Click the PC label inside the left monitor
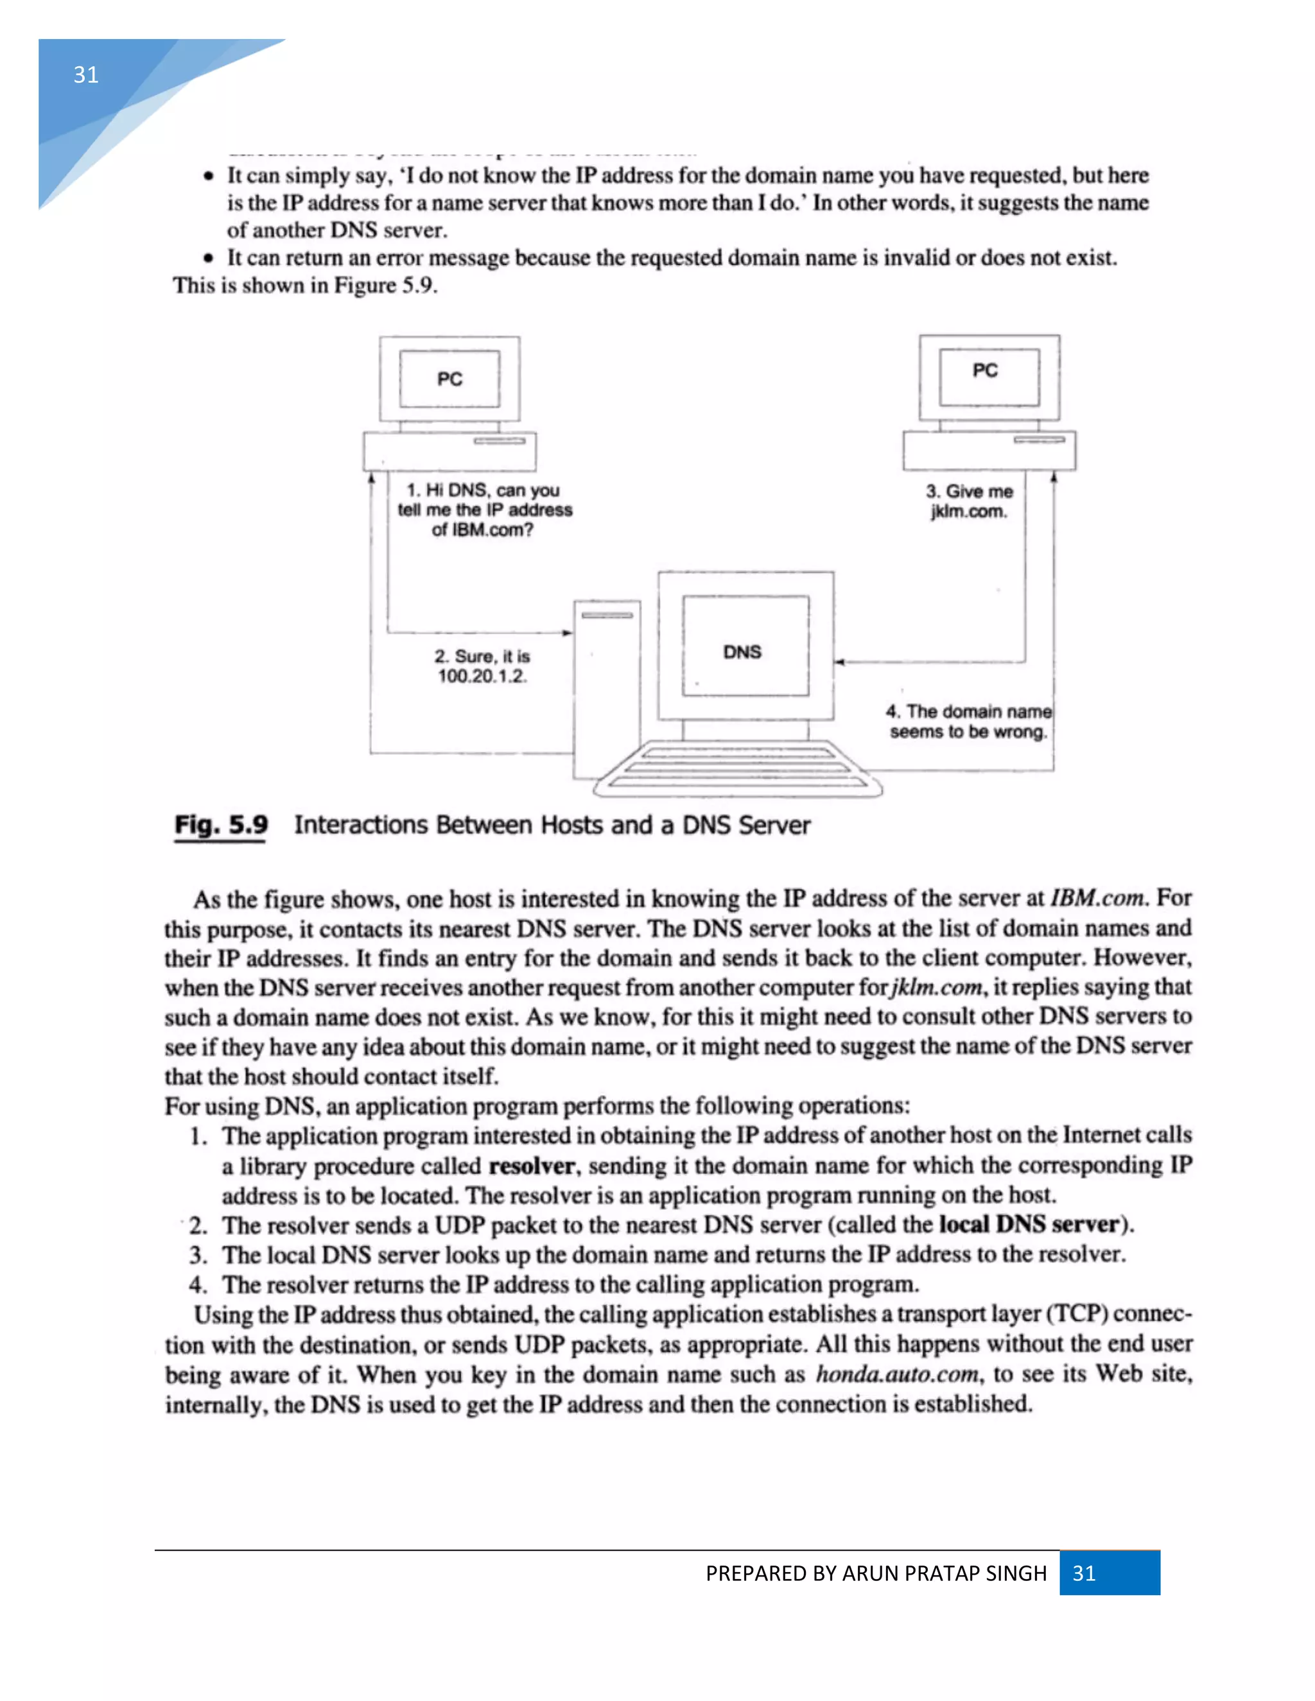pyautogui.click(x=449, y=379)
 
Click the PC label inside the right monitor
pyautogui.click(x=985, y=371)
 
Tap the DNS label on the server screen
pyautogui.click(x=742, y=652)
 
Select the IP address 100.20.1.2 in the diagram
pyautogui.click(x=482, y=676)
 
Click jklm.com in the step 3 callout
pyautogui.click(x=968, y=512)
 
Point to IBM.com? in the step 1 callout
pyautogui.click(x=483, y=530)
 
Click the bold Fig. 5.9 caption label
pyautogui.click(x=222, y=825)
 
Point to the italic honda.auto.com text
pyautogui.click(x=896, y=1374)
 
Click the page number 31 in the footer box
pyautogui.click(x=1084, y=1573)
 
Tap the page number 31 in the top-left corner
pyautogui.click(x=85, y=74)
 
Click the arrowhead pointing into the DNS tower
pyautogui.click(x=568, y=633)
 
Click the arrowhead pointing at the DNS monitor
pyautogui.click(x=839, y=662)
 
